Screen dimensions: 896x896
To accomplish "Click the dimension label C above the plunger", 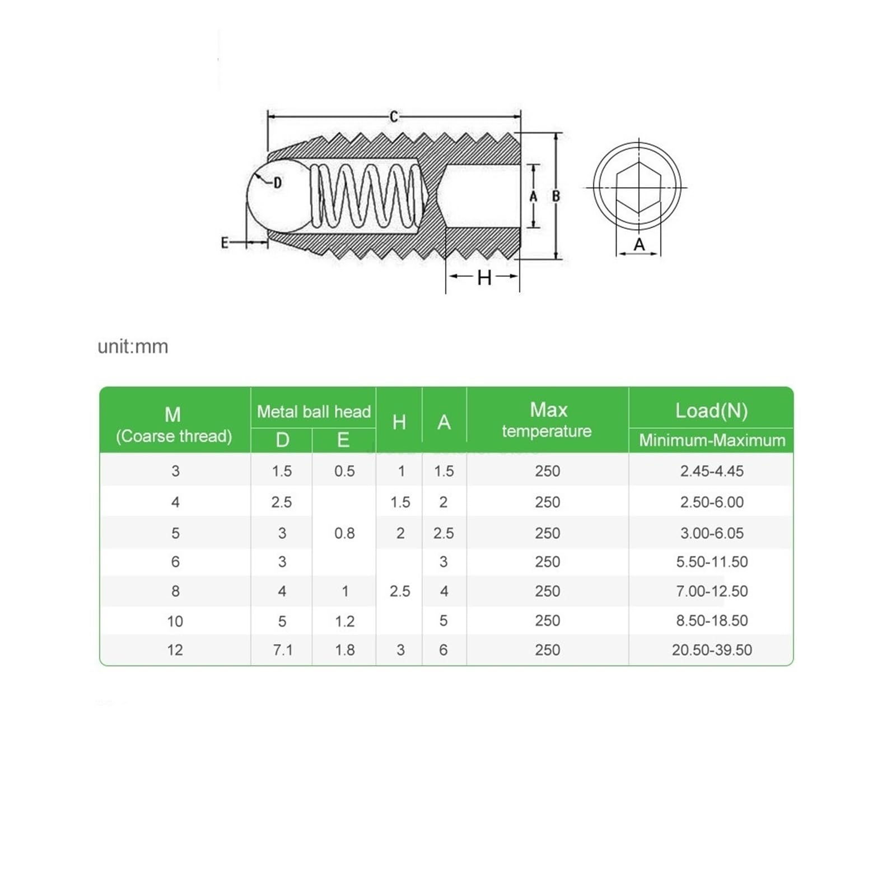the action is pyautogui.click(x=394, y=116).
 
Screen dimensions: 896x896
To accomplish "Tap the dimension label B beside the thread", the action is pyautogui.click(x=556, y=197).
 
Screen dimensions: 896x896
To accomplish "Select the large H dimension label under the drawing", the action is pyautogui.click(x=484, y=278).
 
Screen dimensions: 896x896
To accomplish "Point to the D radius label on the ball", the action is pyautogui.click(x=277, y=183).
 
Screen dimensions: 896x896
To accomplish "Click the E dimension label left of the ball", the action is pyautogui.click(x=225, y=242).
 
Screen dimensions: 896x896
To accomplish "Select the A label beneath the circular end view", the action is pyautogui.click(x=639, y=244).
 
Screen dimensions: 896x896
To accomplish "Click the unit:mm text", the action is pyautogui.click(x=133, y=347).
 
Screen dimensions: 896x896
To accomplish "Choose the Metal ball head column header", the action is pyautogui.click(x=314, y=412).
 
